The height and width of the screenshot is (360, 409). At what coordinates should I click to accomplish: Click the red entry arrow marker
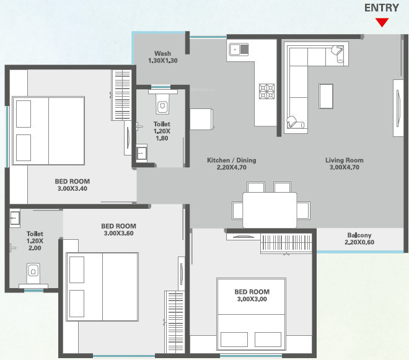tap(382, 22)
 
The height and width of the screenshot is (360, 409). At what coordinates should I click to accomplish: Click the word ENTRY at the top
tap(382, 8)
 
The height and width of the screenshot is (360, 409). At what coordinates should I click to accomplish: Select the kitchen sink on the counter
tap(239, 50)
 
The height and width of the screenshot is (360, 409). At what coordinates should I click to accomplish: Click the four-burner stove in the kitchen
tap(266, 91)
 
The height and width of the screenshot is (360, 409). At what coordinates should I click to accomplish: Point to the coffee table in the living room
tap(326, 96)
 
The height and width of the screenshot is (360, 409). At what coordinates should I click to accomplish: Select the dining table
tap(270, 210)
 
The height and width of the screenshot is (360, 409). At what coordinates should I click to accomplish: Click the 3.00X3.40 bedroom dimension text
tap(73, 188)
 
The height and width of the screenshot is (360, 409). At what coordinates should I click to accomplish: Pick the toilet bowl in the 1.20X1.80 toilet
tap(163, 104)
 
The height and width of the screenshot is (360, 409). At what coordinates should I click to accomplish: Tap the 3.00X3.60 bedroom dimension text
tap(119, 233)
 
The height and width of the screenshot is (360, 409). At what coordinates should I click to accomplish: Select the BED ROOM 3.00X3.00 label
tap(252, 296)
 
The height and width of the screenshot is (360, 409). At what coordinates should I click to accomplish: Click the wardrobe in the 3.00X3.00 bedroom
tap(286, 244)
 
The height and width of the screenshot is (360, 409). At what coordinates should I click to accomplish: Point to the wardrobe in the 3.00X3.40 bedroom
tap(121, 95)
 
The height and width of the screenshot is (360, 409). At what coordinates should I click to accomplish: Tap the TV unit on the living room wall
tap(398, 108)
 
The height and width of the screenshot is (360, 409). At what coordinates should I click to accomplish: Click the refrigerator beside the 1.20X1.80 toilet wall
tap(201, 119)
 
